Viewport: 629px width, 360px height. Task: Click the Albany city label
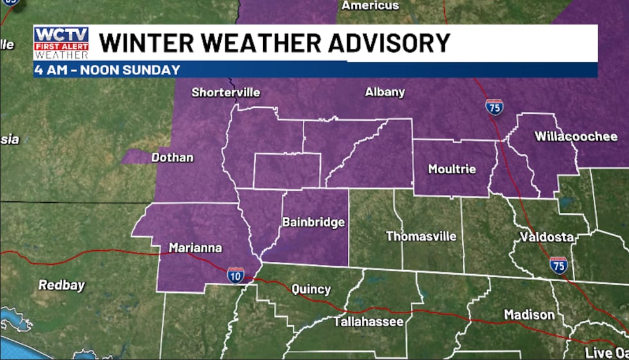pyautogui.click(x=385, y=92)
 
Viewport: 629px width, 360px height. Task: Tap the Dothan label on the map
pyautogui.click(x=172, y=157)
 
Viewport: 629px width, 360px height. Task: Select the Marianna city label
pyautogui.click(x=195, y=248)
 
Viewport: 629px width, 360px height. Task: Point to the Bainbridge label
pyautogui.click(x=314, y=223)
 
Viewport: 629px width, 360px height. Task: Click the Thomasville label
pyautogui.click(x=421, y=236)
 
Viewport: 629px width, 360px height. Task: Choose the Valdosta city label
pyautogui.click(x=547, y=237)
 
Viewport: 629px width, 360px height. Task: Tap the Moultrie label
pyautogui.click(x=452, y=169)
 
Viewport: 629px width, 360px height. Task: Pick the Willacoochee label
pyautogui.click(x=567, y=136)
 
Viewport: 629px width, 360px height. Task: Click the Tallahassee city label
pyautogui.click(x=368, y=321)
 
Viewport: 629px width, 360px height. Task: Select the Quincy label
pyautogui.click(x=311, y=289)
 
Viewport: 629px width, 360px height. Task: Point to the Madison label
pyautogui.click(x=529, y=314)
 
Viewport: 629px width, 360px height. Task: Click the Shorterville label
pyautogui.click(x=226, y=92)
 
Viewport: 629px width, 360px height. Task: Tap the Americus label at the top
pyautogui.click(x=370, y=6)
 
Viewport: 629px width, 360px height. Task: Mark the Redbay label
pyautogui.click(x=61, y=285)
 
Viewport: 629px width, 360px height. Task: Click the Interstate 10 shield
pyautogui.click(x=236, y=276)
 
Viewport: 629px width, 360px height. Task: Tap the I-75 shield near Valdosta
pyautogui.click(x=558, y=264)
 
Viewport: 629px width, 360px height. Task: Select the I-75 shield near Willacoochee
pyautogui.click(x=494, y=106)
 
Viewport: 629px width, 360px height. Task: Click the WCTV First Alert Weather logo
pyautogui.click(x=62, y=43)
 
